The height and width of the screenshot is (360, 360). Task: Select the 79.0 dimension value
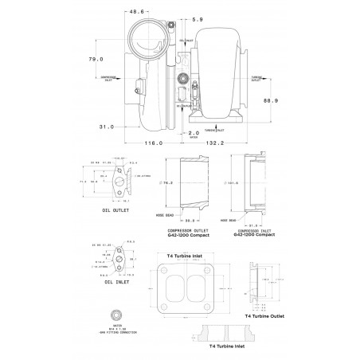96,59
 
